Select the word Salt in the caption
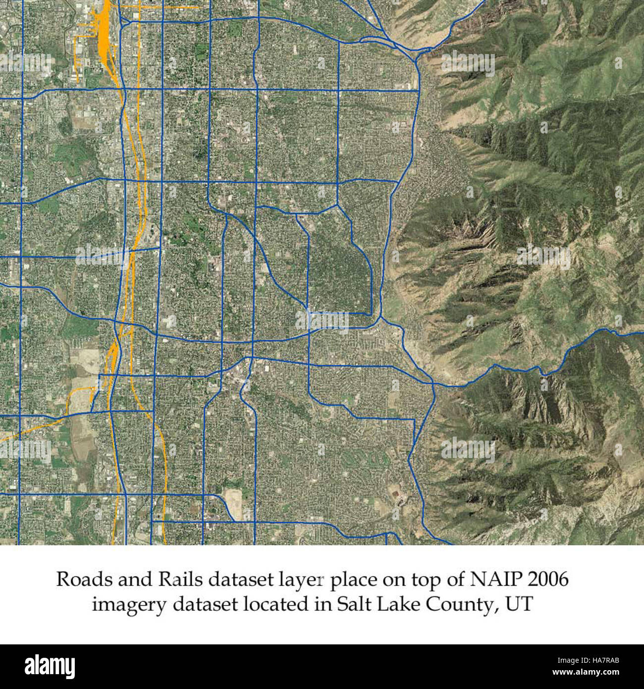pos(354,605)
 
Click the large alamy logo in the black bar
pos(50,667)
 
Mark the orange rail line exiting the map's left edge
pos(20,432)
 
